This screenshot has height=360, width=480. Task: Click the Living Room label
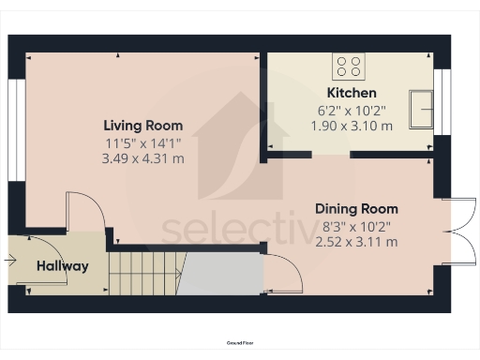click(142, 125)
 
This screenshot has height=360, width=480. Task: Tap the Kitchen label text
click(351, 93)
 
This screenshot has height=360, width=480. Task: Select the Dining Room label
click(356, 208)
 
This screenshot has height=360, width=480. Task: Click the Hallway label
click(63, 266)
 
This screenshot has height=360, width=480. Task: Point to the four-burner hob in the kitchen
click(350, 66)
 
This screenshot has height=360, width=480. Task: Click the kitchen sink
click(424, 106)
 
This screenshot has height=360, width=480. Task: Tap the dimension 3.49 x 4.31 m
click(143, 158)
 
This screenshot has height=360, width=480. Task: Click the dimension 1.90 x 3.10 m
click(352, 126)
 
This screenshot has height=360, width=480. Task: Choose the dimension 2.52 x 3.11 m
click(356, 242)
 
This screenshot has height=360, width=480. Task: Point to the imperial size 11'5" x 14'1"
click(143, 142)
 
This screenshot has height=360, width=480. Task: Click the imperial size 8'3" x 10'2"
click(356, 226)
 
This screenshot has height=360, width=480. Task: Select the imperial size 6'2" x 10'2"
click(352, 110)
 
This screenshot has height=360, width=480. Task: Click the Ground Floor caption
click(240, 344)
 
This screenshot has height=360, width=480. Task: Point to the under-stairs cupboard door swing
click(281, 272)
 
